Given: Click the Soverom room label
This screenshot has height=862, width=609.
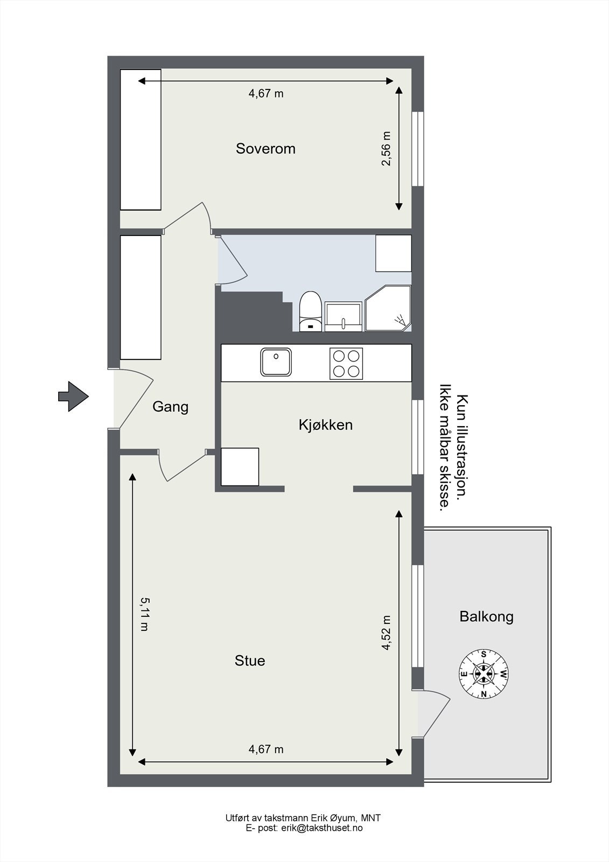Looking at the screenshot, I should pyautogui.click(x=265, y=149).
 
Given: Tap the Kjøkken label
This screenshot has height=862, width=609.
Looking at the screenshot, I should pyautogui.click(x=325, y=425).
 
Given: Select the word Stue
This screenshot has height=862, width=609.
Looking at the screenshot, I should pyautogui.click(x=250, y=661).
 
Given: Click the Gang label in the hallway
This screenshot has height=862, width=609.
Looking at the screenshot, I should pyautogui.click(x=170, y=407).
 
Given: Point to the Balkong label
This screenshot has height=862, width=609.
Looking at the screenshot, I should pyautogui.click(x=486, y=616).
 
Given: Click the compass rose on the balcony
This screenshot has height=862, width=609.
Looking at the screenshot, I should pyautogui.click(x=484, y=673).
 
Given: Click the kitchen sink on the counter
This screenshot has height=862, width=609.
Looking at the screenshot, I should pyautogui.click(x=276, y=362).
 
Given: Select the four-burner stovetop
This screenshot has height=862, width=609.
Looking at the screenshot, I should pyautogui.click(x=346, y=364).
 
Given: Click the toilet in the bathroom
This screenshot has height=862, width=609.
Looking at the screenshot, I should pyautogui.click(x=310, y=311).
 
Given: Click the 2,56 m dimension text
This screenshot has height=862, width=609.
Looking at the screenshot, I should pyautogui.click(x=386, y=149).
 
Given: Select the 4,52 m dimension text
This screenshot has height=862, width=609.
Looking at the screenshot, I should pyautogui.click(x=386, y=633).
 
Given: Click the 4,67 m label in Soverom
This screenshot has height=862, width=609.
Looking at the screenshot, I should pyautogui.click(x=265, y=94).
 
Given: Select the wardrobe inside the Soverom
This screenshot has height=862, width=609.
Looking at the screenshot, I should pyautogui.click(x=141, y=140).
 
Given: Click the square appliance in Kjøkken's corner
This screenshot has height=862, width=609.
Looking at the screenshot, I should pyautogui.click(x=240, y=467).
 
